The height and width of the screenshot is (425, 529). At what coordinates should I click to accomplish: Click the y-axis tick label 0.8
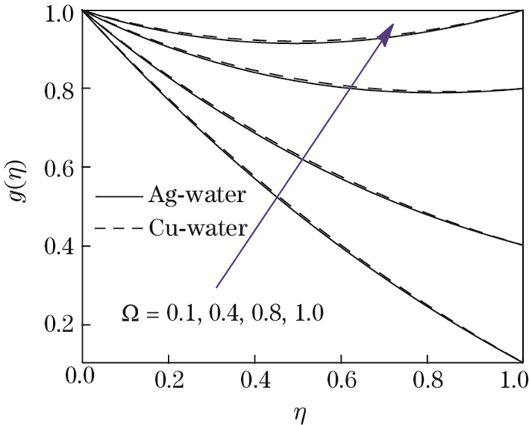57,89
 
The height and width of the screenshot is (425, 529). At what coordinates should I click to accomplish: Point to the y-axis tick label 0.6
57,168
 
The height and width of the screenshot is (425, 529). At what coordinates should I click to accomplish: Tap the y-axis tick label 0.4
57,247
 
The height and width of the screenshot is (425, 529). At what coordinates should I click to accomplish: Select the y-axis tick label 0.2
57,326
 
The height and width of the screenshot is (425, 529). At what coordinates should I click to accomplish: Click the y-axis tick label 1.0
57,12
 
